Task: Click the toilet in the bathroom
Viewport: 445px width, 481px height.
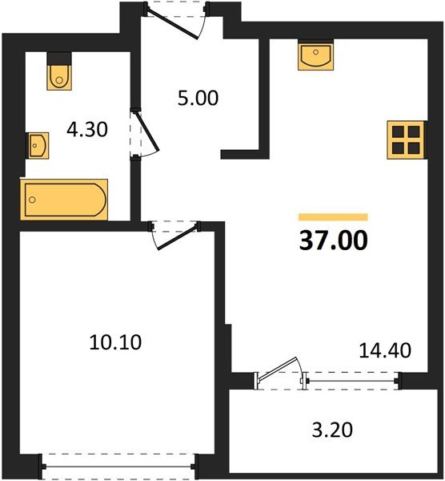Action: point(59,75)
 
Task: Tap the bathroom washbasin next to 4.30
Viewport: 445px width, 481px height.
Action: point(37,145)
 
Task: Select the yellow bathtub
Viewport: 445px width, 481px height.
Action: point(64,198)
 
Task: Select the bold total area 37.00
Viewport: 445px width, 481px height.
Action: point(333,240)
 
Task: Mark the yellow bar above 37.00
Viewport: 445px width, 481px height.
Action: point(333,216)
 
